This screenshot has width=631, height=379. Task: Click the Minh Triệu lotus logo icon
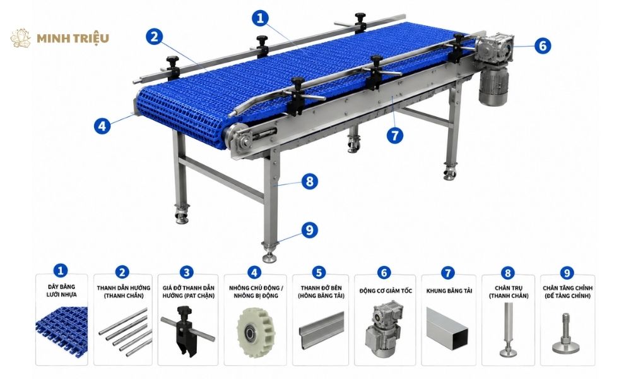(21, 38)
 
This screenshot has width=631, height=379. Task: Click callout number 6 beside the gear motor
(543, 45)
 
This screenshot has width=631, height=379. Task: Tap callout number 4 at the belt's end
(102, 126)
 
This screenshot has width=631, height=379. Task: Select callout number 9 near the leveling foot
(309, 230)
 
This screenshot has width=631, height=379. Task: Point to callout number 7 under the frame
(395, 135)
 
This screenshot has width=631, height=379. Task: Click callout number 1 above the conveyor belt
(261, 18)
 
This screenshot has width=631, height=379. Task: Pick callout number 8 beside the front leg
(309, 181)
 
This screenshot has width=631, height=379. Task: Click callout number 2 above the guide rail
(154, 37)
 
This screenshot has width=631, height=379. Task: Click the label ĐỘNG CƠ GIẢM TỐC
(386, 291)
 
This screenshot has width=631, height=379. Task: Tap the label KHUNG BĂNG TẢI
(449, 291)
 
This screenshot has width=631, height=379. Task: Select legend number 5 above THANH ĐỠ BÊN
(319, 272)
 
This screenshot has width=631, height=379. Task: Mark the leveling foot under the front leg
(269, 252)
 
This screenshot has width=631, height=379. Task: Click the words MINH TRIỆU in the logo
(73, 39)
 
